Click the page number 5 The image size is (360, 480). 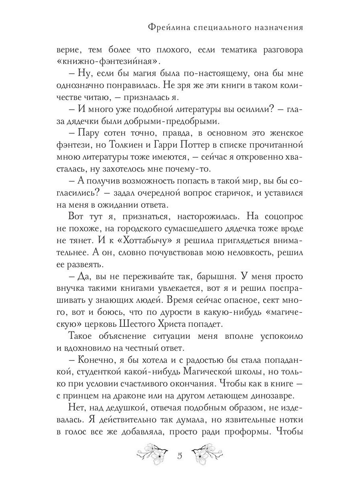(180, 456)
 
